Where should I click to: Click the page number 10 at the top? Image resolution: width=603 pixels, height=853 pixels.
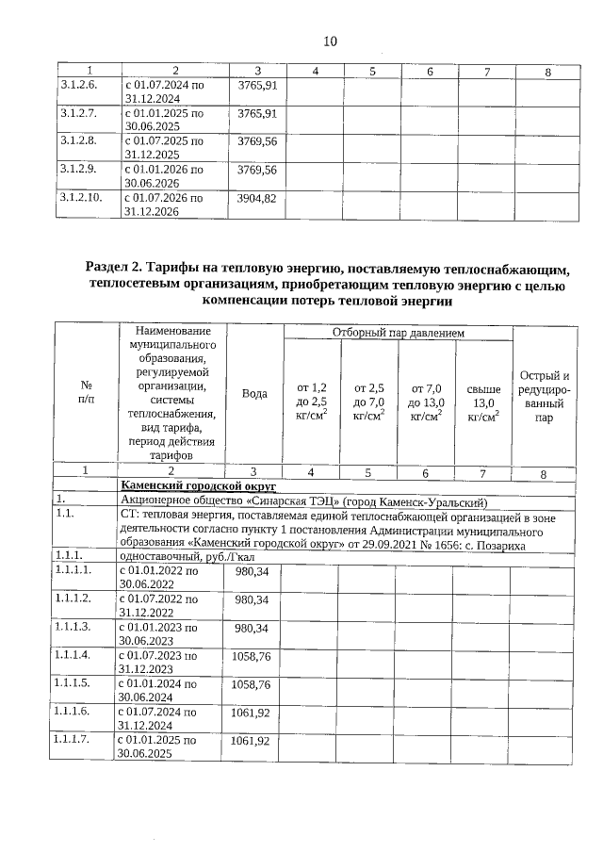tap(329, 41)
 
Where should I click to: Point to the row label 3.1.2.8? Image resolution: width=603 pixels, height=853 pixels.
tap(78, 141)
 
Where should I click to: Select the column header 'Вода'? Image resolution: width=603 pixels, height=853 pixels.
tap(254, 394)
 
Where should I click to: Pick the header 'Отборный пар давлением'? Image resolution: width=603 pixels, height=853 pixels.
tap(397, 333)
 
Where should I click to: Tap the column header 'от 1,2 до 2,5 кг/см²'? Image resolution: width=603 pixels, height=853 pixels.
tap(311, 401)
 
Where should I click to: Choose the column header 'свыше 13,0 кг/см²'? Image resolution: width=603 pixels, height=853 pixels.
tap(482, 401)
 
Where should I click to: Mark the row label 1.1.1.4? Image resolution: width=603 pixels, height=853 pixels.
tap(78, 653)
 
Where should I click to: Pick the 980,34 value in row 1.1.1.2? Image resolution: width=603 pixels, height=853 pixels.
tap(252, 599)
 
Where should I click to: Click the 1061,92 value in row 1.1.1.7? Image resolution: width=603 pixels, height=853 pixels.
tap(252, 741)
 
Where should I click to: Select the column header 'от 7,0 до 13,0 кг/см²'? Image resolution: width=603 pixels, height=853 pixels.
tap(426, 401)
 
